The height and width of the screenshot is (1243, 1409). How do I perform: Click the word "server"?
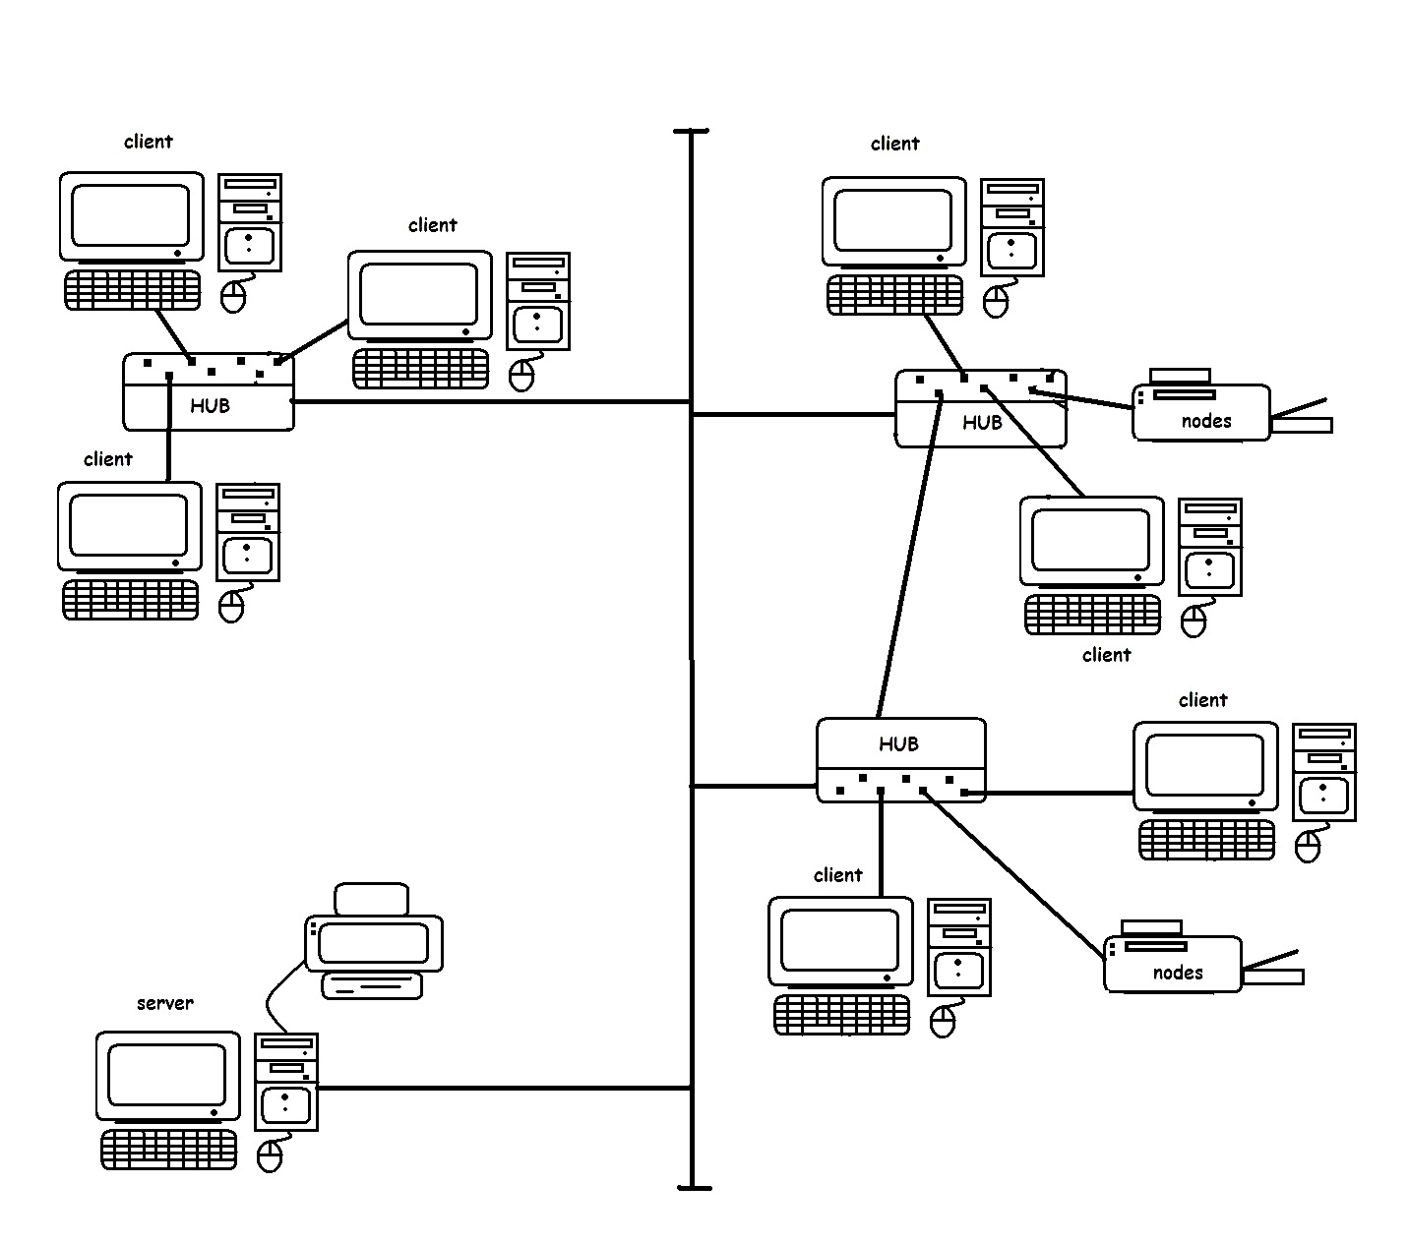point(164,1003)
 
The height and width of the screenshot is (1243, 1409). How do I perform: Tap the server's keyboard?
point(169,1149)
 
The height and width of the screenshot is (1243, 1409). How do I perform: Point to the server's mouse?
point(269,1157)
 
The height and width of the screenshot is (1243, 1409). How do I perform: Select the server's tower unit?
point(286,1081)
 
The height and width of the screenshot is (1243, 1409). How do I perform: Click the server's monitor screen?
point(167,1074)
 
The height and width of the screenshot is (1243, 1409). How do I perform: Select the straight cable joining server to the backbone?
point(502,1088)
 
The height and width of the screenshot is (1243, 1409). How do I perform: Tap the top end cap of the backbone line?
point(692,131)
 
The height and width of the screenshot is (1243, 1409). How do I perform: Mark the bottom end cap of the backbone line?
point(693,1188)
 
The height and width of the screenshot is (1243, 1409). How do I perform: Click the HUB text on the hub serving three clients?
point(210,405)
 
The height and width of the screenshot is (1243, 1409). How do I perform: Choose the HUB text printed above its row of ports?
point(898,744)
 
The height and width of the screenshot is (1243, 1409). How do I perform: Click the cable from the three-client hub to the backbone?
point(492,401)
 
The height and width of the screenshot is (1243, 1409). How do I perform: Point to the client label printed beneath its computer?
point(1106,655)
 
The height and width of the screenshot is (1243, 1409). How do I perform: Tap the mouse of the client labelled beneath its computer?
point(1194,621)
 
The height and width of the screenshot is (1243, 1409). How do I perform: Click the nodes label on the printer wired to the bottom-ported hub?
point(1178,973)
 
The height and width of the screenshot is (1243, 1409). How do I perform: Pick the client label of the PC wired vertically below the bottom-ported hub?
point(837,875)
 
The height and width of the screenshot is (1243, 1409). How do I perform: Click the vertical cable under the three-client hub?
point(169,433)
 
